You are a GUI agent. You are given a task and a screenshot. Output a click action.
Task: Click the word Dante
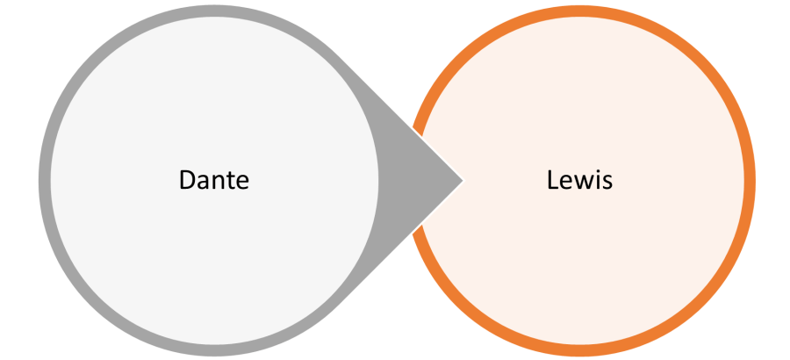214,180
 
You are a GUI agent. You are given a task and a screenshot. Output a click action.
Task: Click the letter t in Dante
231,181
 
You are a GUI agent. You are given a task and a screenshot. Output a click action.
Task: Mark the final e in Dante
242,183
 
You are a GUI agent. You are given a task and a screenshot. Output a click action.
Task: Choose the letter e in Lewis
565,183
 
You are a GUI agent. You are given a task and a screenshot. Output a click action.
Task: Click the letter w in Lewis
581,183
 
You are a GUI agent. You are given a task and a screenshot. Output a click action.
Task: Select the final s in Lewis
605,183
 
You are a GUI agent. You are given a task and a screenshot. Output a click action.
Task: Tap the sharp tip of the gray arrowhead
461,181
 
